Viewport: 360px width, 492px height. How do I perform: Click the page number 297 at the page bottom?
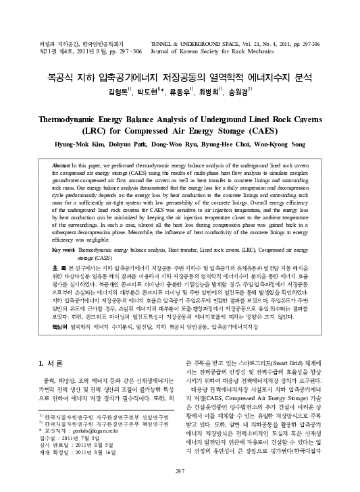coord(180,470)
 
